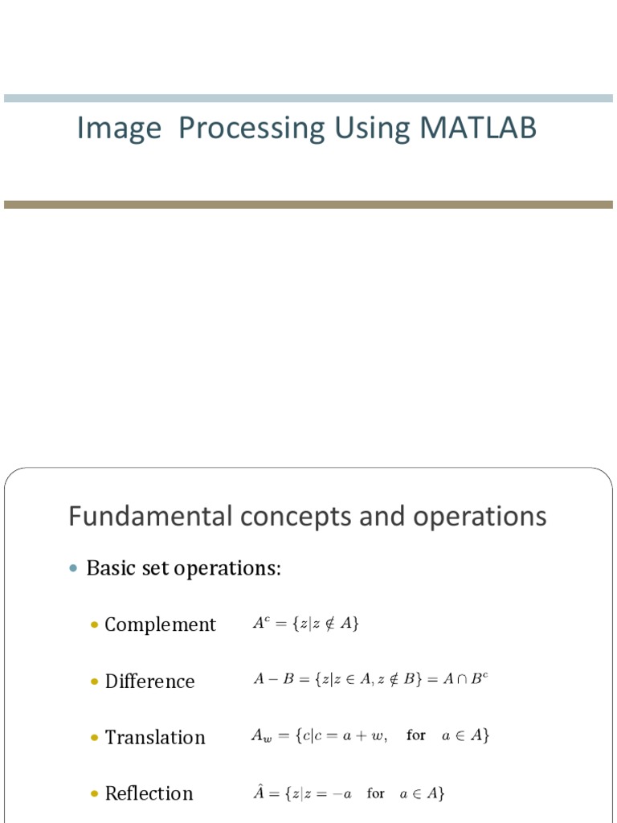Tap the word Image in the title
pyautogui.click(x=119, y=129)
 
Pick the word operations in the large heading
pyautogui.click(x=480, y=516)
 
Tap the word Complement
pyautogui.click(x=160, y=624)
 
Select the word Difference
pyautogui.click(x=149, y=681)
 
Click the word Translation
pyautogui.click(x=155, y=737)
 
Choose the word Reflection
pyautogui.click(x=149, y=793)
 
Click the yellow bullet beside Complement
pyautogui.click(x=93, y=624)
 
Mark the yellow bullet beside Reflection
pyautogui.click(x=93, y=793)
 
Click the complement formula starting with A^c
pyautogui.click(x=305, y=624)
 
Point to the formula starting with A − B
pyautogui.click(x=370, y=679)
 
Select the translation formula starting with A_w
pyautogui.click(x=370, y=735)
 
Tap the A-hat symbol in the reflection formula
pyautogui.click(x=259, y=792)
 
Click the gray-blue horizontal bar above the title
pyautogui.click(x=308, y=98)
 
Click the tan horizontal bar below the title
pyautogui.click(x=308, y=205)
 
